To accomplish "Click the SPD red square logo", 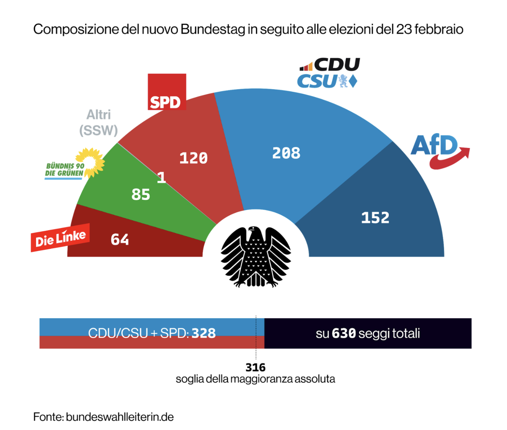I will [x=167, y=92].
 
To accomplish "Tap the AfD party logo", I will [x=439, y=150].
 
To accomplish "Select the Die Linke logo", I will [x=60, y=238].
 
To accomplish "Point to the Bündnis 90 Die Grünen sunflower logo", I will [x=75, y=165].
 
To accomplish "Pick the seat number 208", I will [x=286, y=153].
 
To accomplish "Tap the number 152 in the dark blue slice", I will [x=375, y=217].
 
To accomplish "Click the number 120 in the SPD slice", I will [x=193, y=158].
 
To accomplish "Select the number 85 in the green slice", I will [x=141, y=195].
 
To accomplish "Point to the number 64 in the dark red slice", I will [x=120, y=240].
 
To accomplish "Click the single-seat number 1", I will [x=161, y=177].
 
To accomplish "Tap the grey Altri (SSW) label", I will [x=99, y=123].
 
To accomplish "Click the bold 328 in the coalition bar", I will [x=203, y=333].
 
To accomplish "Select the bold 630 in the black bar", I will [x=344, y=333].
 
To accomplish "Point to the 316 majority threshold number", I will [x=255, y=368].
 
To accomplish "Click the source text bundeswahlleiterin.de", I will [x=120, y=417].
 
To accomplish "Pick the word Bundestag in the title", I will [x=213, y=29].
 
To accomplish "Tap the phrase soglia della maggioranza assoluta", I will [x=255, y=379].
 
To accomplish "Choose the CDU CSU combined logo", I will [x=328, y=73].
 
